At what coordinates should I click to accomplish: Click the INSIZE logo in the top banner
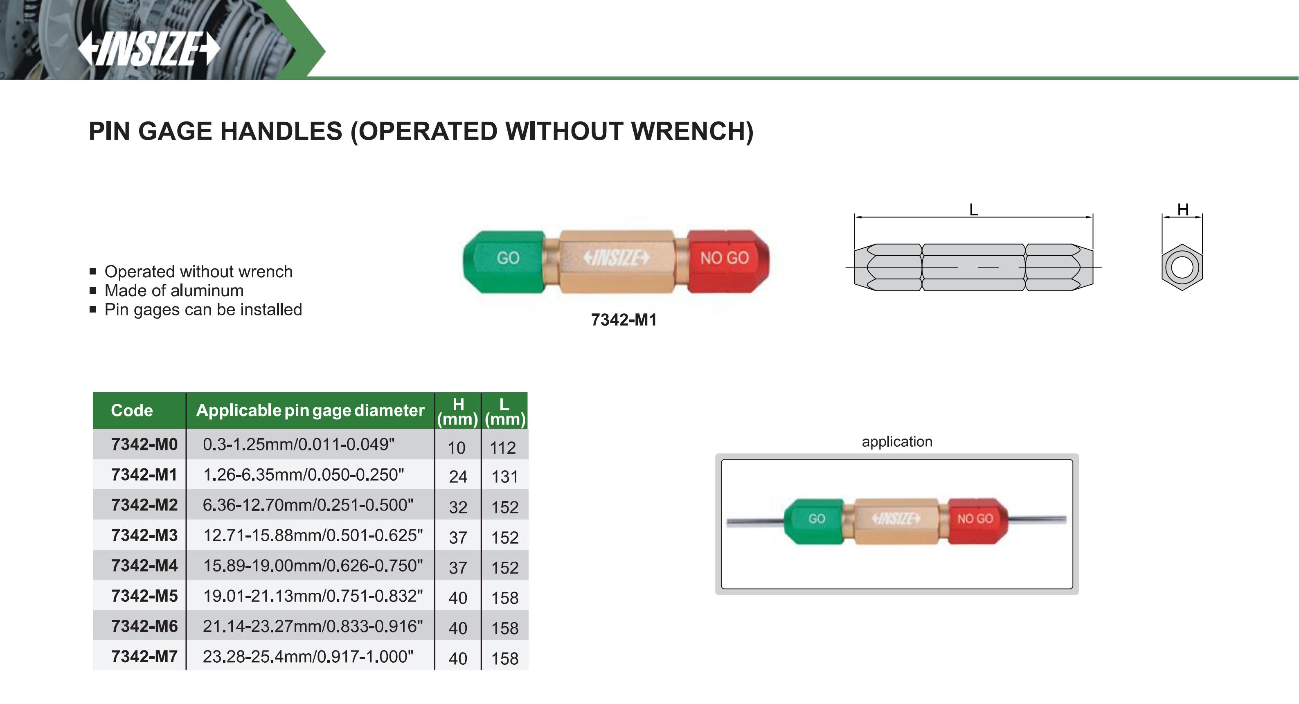click(149, 49)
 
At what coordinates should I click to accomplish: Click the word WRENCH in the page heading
click(692, 131)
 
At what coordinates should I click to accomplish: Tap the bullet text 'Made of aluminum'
click(174, 290)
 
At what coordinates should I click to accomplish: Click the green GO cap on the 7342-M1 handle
click(504, 261)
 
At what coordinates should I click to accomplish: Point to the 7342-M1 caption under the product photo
click(624, 320)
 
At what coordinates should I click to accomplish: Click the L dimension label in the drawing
click(974, 209)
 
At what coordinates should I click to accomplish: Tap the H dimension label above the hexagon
click(1182, 209)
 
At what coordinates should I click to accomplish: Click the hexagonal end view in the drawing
click(1182, 267)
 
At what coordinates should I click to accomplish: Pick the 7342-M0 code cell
click(144, 444)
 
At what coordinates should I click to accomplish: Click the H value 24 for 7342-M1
click(458, 477)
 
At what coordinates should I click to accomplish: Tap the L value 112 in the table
click(503, 448)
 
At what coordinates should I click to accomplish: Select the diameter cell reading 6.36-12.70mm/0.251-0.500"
click(308, 505)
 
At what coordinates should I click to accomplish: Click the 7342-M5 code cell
click(144, 596)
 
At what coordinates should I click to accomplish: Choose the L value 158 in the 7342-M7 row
click(505, 658)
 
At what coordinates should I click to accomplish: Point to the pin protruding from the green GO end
click(755, 522)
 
